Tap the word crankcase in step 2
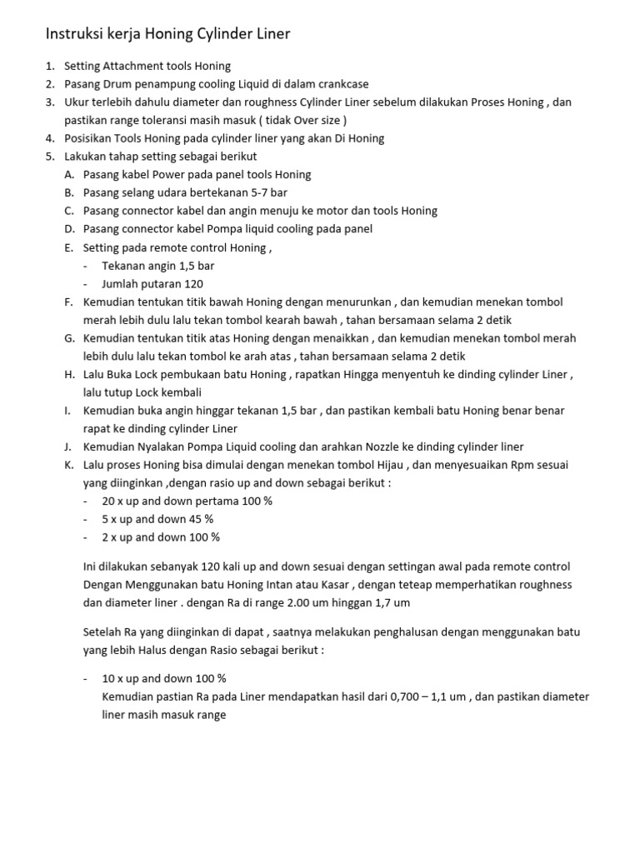coord(339,84)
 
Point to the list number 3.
coord(49,102)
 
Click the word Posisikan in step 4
coord(91,138)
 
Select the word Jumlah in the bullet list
coord(122,283)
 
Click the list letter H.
coord(68,375)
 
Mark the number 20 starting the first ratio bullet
coord(108,501)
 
